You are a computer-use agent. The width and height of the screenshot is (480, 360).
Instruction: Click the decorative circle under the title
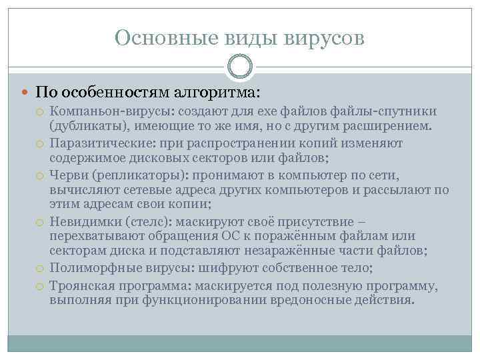click(241, 67)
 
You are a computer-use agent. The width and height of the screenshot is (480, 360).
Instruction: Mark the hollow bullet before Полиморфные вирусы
click(40, 268)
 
